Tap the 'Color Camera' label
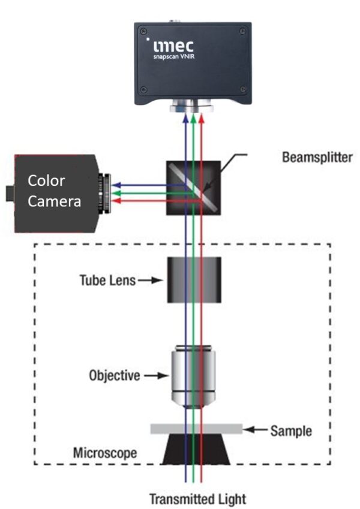pyautogui.click(x=55, y=191)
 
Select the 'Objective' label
pyautogui.click(x=114, y=377)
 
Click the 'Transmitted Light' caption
pyautogui.click(x=197, y=499)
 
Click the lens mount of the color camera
pyautogui.click(x=106, y=193)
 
